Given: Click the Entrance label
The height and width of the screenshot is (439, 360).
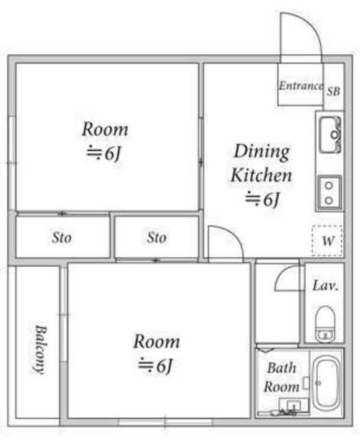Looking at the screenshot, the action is tap(301, 86).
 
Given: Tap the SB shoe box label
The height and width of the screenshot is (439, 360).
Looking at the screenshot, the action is tap(333, 91).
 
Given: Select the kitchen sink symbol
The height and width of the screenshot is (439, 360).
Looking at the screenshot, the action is tap(331, 134).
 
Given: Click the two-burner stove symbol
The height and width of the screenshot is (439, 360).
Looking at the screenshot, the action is tap(330, 193).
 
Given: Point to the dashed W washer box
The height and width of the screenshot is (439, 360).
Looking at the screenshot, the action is tap(327, 240).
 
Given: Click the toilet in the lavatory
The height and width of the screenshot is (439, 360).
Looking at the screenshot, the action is tap(325, 323).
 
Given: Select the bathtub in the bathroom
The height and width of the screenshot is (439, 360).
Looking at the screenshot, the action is tap(326, 383).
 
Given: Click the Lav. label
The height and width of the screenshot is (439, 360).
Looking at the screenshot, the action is tap(325, 285).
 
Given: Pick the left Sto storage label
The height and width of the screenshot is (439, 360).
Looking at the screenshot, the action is tap(62, 238).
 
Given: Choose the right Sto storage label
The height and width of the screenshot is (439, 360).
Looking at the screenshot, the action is tap(157, 238).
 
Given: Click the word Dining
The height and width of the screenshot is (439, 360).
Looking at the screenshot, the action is tap(262, 152).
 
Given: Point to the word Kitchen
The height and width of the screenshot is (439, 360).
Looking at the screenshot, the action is tap(261, 176).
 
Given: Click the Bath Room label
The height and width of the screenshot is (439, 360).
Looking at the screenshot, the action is tap(282, 377).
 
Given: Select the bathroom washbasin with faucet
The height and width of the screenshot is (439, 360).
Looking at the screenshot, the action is tap(293, 405).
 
